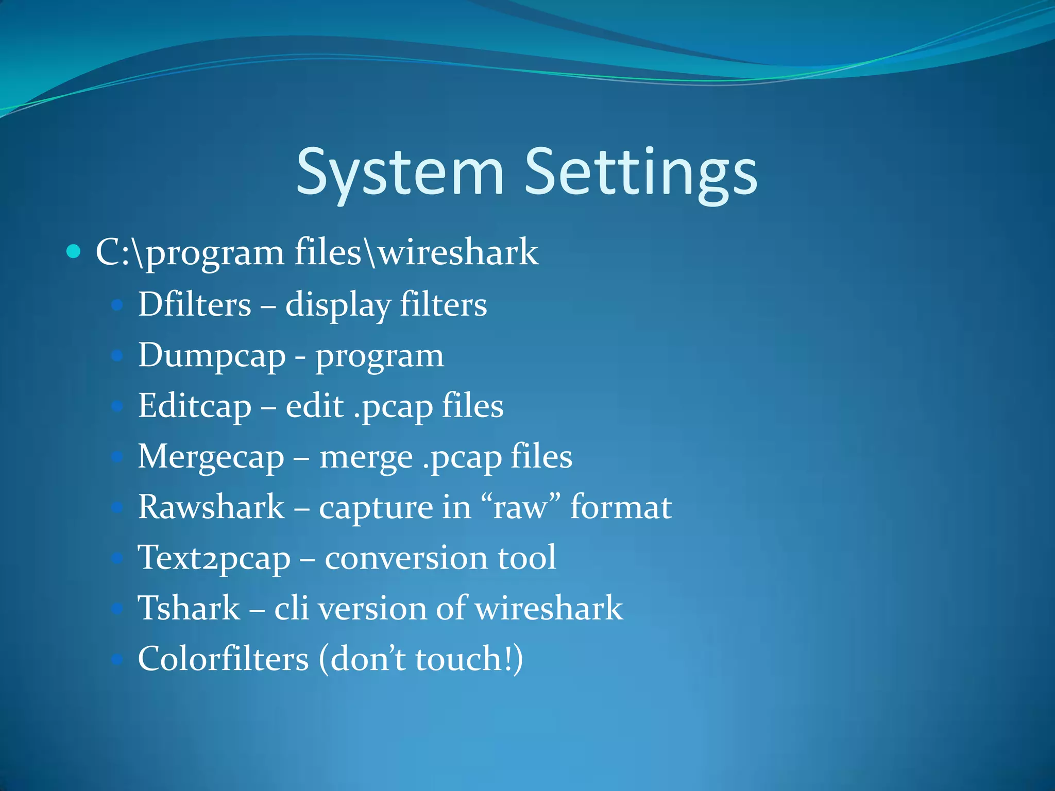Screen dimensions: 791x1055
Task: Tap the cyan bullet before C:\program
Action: click(x=74, y=252)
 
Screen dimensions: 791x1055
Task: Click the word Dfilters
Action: click(x=195, y=304)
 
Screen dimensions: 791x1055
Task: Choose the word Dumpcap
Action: click(x=212, y=356)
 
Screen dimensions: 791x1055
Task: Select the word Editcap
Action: click(x=195, y=406)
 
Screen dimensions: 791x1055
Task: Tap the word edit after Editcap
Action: click(x=315, y=406)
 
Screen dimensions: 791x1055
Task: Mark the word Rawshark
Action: click(x=211, y=507)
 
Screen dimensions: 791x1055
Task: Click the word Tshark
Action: click(x=189, y=608)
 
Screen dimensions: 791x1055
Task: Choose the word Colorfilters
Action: click(x=223, y=659)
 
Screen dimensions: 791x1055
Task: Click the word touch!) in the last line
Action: click(x=469, y=659)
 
